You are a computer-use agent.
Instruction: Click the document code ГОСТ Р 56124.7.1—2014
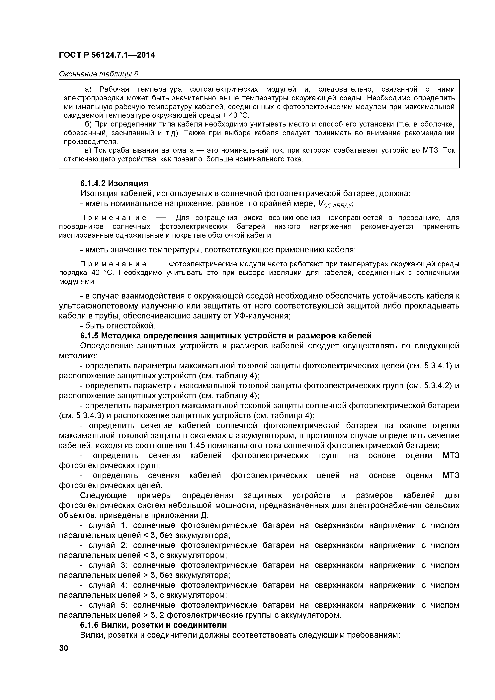[107, 55]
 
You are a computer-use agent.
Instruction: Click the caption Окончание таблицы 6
[98, 74]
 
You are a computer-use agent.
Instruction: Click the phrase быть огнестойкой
[120, 326]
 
